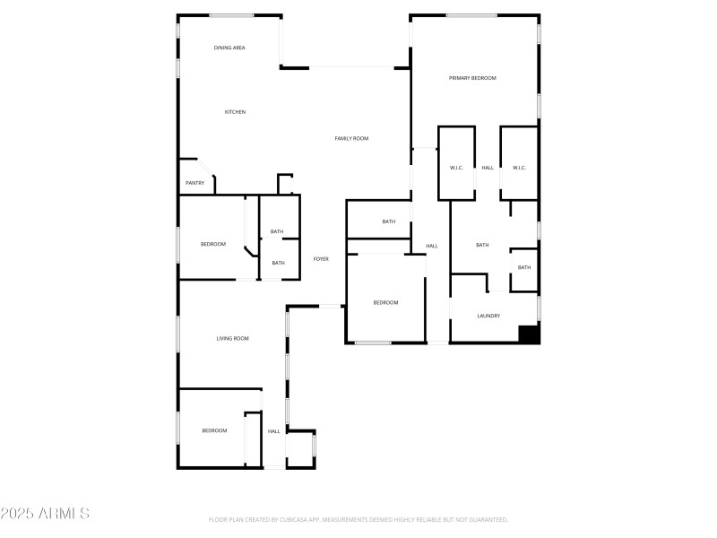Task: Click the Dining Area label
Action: click(x=229, y=48)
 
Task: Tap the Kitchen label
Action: click(x=235, y=112)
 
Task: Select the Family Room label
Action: click(x=351, y=138)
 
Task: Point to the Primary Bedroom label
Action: click(x=472, y=78)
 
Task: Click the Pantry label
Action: click(x=194, y=183)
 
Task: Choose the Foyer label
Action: click(x=321, y=259)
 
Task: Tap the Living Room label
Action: click(x=232, y=338)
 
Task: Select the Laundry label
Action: click(x=488, y=316)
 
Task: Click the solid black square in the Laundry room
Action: click(x=529, y=334)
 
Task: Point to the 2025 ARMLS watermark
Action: click(x=45, y=514)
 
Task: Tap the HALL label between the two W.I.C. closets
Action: click(x=488, y=168)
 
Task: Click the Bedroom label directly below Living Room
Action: click(x=214, y=430)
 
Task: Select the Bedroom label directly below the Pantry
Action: click(x=212, y=244)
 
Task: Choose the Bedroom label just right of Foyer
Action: click(x=385, y=302)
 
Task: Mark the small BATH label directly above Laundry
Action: click(x=524, y=267)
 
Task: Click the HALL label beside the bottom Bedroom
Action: click(x=273, y=431)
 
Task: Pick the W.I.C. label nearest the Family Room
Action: click(x=455, y=168)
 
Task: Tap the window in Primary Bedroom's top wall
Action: click(x=472, y=15)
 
